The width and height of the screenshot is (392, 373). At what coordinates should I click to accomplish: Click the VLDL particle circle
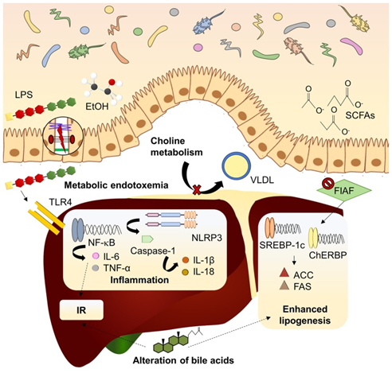(236, 166)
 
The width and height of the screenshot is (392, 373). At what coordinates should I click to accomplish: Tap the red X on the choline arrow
(197, 189)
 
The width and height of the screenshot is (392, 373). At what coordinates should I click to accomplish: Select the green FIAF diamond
(344, 190)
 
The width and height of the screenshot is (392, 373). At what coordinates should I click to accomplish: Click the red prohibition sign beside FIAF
(327, 183)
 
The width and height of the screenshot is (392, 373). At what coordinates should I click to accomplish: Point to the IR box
(81, 310)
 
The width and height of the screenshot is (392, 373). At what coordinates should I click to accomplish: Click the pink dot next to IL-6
(96, 256)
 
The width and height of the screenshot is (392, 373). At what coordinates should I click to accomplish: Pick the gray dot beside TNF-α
(96, 268)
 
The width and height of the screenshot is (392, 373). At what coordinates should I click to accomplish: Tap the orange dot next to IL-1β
(186, 260)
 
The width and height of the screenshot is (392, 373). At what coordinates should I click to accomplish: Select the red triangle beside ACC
(284, 273)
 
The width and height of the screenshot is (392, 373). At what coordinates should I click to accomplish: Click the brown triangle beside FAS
(284, 285)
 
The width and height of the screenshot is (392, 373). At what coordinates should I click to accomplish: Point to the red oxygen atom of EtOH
(112, 82)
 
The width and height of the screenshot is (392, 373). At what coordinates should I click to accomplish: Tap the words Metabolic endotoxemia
(116, 185)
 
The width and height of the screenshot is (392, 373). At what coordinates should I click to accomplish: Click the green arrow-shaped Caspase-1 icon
(147, 239)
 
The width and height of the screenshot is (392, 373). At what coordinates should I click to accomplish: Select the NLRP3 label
(206, 238)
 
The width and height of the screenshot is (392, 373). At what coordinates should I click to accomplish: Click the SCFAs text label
(360, 115)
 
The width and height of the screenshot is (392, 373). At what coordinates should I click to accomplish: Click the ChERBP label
(327, 254)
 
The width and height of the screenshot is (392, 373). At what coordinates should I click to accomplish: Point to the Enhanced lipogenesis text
(305, 315)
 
